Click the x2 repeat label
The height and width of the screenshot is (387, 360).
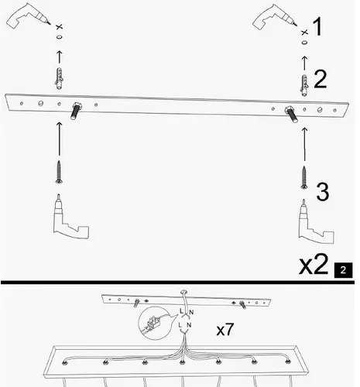coord(314,265)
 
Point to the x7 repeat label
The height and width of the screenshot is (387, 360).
coord(225,330)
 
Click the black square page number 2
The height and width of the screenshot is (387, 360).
coord(342,270)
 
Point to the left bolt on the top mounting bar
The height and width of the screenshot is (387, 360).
coord(77,108)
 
